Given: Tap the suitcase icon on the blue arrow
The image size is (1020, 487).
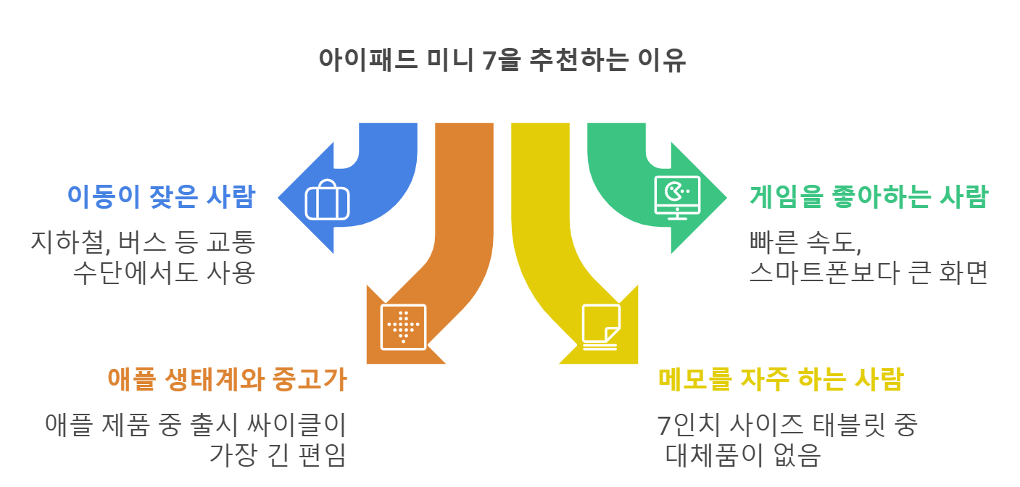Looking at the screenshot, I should click(x=328, y=200).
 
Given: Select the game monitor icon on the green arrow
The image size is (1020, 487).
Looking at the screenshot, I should click(x=676, y=196).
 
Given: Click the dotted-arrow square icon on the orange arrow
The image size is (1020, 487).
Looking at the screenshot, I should click(x=403, y=327).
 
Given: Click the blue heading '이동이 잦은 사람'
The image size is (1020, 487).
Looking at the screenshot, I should click(x=160, y=196).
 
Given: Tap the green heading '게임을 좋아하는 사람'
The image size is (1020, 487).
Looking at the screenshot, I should click(x=868, y=196).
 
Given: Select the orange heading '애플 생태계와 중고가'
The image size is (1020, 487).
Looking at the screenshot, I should click(x=227, y=379).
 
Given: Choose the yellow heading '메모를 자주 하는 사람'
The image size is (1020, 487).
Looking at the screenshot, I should click(x=780, y=379).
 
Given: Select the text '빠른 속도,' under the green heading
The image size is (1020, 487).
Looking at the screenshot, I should click(x=805, y=241).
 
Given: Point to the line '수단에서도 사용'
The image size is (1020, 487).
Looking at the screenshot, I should click(x=164, y=274).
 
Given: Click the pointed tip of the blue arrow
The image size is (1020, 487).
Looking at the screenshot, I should click(x=279, y=197).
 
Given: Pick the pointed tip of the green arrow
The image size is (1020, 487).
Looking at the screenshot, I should click(x=726, y=197).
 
